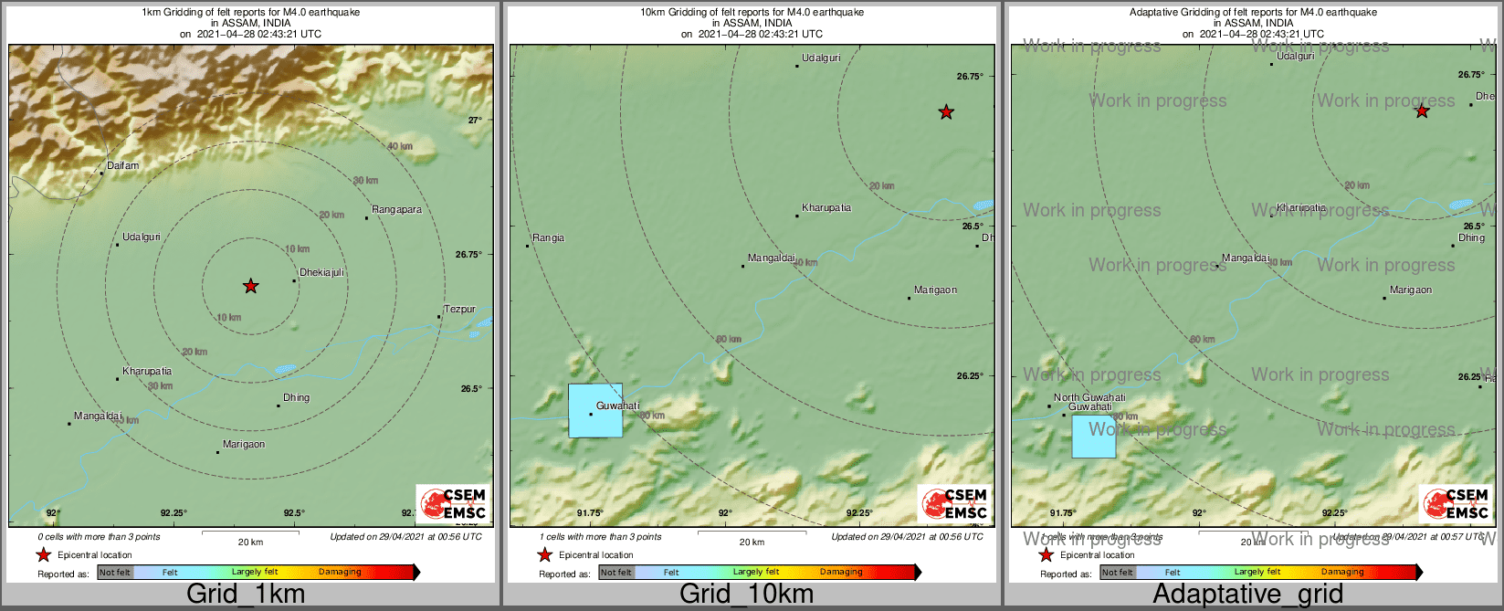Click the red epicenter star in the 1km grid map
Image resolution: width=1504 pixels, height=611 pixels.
(x=251, y=287)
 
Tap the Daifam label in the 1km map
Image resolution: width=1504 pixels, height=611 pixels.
(x=123, y=166)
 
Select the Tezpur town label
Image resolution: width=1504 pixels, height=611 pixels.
(x=459, y=310)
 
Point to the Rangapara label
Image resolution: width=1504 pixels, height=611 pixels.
(x=396, y=210)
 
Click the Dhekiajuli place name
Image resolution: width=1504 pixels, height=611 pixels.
(x=321, y=273)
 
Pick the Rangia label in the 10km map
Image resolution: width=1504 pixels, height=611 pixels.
(x=548, y=238)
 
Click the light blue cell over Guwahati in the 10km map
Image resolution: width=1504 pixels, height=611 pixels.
(x=595, y=411)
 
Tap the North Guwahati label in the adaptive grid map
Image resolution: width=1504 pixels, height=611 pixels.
(x=1089, y=397)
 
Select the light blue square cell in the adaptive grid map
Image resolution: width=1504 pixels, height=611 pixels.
(x=1093, y=437)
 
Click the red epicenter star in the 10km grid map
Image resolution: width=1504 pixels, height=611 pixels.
(x=947, y=112)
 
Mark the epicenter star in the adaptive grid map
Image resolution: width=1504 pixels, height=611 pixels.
(x=1422, y=111)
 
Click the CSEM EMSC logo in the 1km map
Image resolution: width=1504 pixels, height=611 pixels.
(x=453, y=504)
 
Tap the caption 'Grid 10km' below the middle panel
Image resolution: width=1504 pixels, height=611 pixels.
(x=746, y=595)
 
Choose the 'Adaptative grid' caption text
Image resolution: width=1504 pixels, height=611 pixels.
(x=1247, y=595)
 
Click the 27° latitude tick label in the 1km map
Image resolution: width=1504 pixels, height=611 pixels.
(x=475, y=121)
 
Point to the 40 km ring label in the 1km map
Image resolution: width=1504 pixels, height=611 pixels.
(x=399, y=146)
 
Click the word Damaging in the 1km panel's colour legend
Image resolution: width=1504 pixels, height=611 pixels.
(x=340, y=573)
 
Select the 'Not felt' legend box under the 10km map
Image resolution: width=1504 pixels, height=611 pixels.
(x=616, y=573)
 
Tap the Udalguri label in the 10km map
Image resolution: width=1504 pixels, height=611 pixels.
(x=821, y=58)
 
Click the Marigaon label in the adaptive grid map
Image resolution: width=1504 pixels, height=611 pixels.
(x=1411, y=290)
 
